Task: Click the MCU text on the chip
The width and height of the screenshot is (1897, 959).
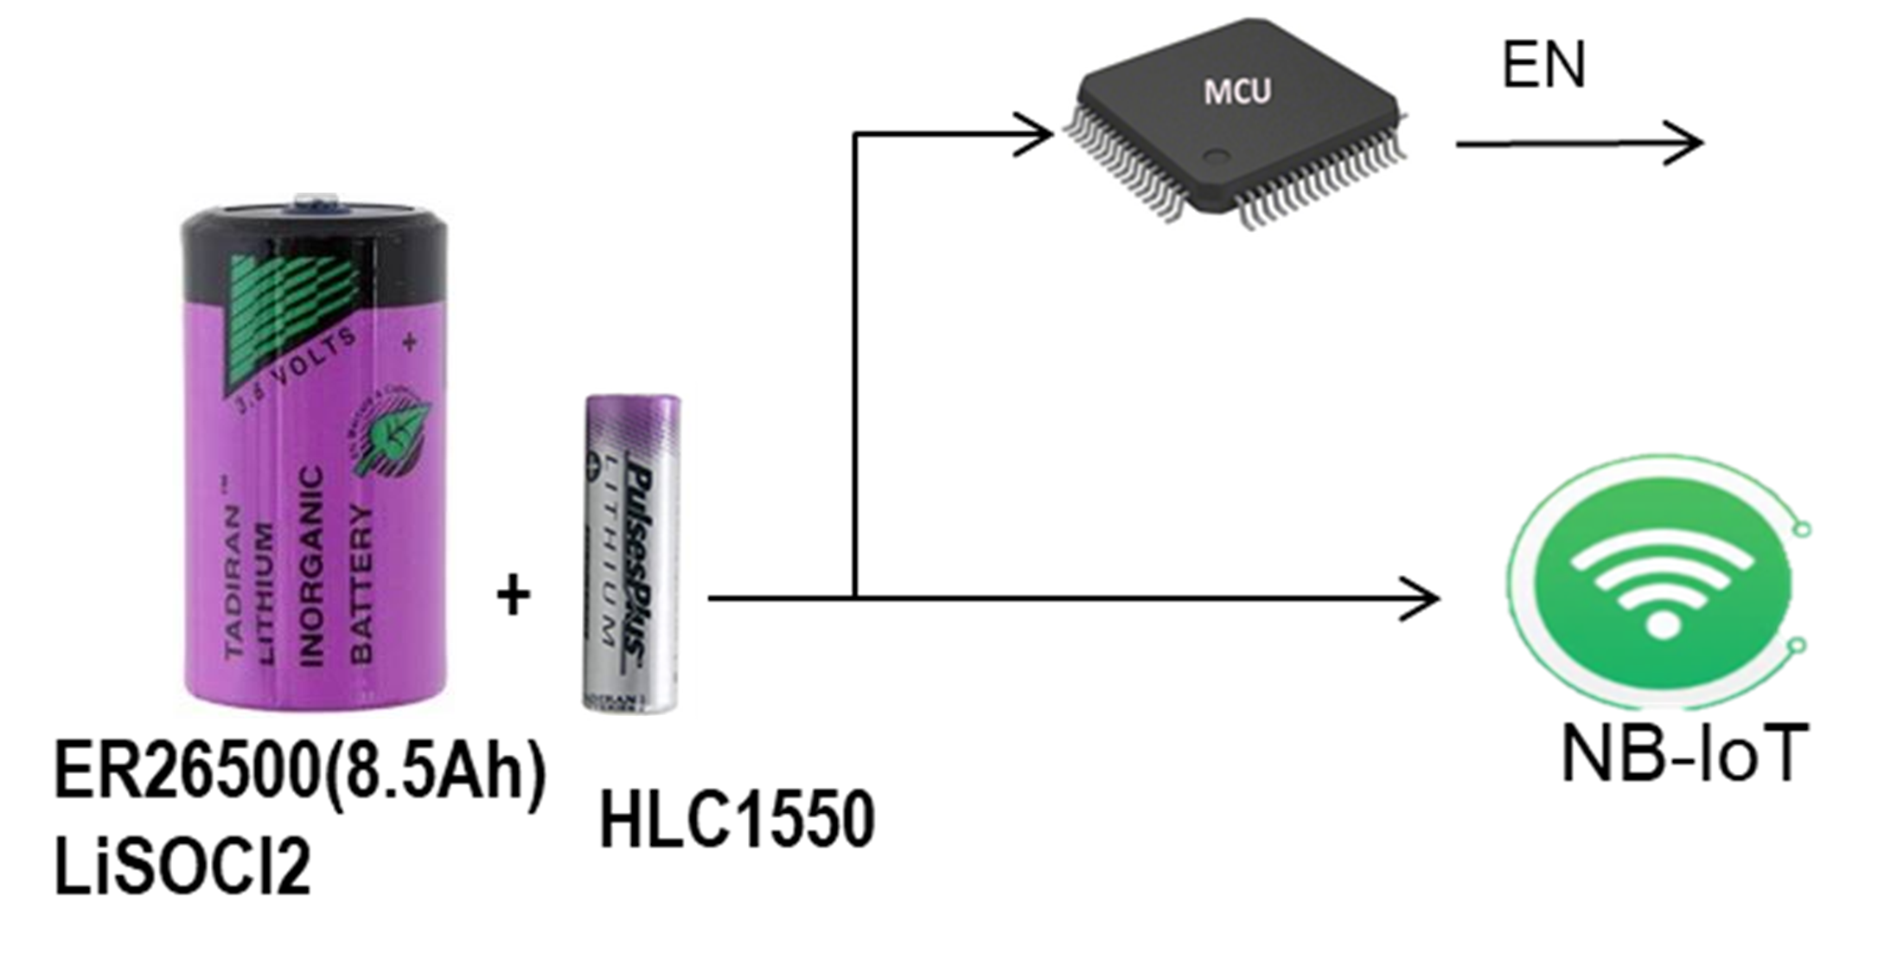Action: coord(1237,92)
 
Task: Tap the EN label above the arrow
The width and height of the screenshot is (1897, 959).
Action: coord(1543,66)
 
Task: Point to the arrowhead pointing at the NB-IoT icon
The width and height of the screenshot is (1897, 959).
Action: coord(1422,598)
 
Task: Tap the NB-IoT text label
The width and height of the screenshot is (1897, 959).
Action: coord(1684,755)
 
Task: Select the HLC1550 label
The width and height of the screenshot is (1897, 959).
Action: coord(737,819)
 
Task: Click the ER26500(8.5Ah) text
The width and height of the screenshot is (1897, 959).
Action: coord(300,769)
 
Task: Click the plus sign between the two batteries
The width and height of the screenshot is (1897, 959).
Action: coord(513,595)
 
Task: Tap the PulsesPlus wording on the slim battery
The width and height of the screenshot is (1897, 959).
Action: coord(639,562)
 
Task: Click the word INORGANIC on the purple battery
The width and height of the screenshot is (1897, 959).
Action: coord(310,566)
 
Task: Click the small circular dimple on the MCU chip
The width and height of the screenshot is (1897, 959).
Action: coord(1217,157)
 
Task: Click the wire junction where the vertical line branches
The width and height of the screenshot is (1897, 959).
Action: coord(854,598)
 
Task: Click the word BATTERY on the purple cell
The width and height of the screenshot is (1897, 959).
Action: coord(361,584)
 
